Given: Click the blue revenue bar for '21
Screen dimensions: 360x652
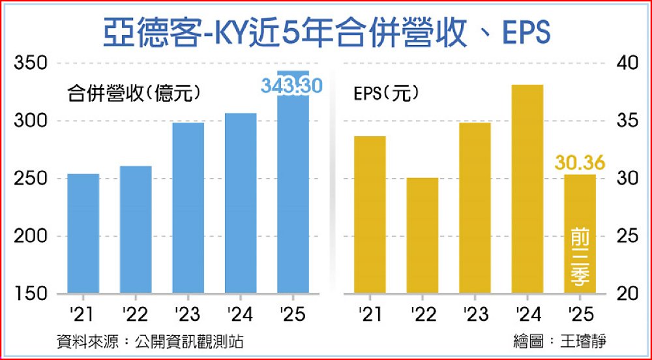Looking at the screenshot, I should pos(83,233).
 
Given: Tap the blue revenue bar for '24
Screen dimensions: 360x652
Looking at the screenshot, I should pos(241,203).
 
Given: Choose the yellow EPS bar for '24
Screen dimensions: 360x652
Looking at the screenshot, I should pos(527,188).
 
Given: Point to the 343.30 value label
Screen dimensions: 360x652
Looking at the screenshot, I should pos(292,86).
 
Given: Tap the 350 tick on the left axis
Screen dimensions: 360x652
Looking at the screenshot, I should pos(31,63).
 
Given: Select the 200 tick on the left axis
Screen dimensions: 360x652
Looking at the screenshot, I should pos(31,236).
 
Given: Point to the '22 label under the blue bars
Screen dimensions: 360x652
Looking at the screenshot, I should pos(136,315).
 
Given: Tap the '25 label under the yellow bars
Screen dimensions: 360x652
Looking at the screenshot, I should pos(580,315).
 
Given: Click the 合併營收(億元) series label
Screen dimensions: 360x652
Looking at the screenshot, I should pos(134,93).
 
